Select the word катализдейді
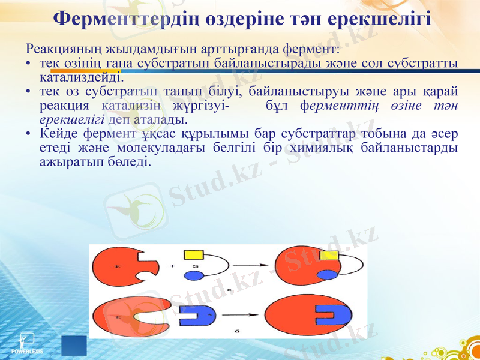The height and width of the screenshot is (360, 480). click(x=82, y=77)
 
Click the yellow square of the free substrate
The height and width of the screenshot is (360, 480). click(x=196, y=256)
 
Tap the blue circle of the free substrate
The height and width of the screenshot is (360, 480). click(x=193, y=276)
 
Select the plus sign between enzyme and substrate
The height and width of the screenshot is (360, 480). click(x=173, y=266)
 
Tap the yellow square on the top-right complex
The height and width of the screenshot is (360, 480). click(x=328, y=256)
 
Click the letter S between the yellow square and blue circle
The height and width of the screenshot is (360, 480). click(x=195, y=266)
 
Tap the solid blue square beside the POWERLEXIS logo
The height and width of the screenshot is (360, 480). click(x=74, y=346)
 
